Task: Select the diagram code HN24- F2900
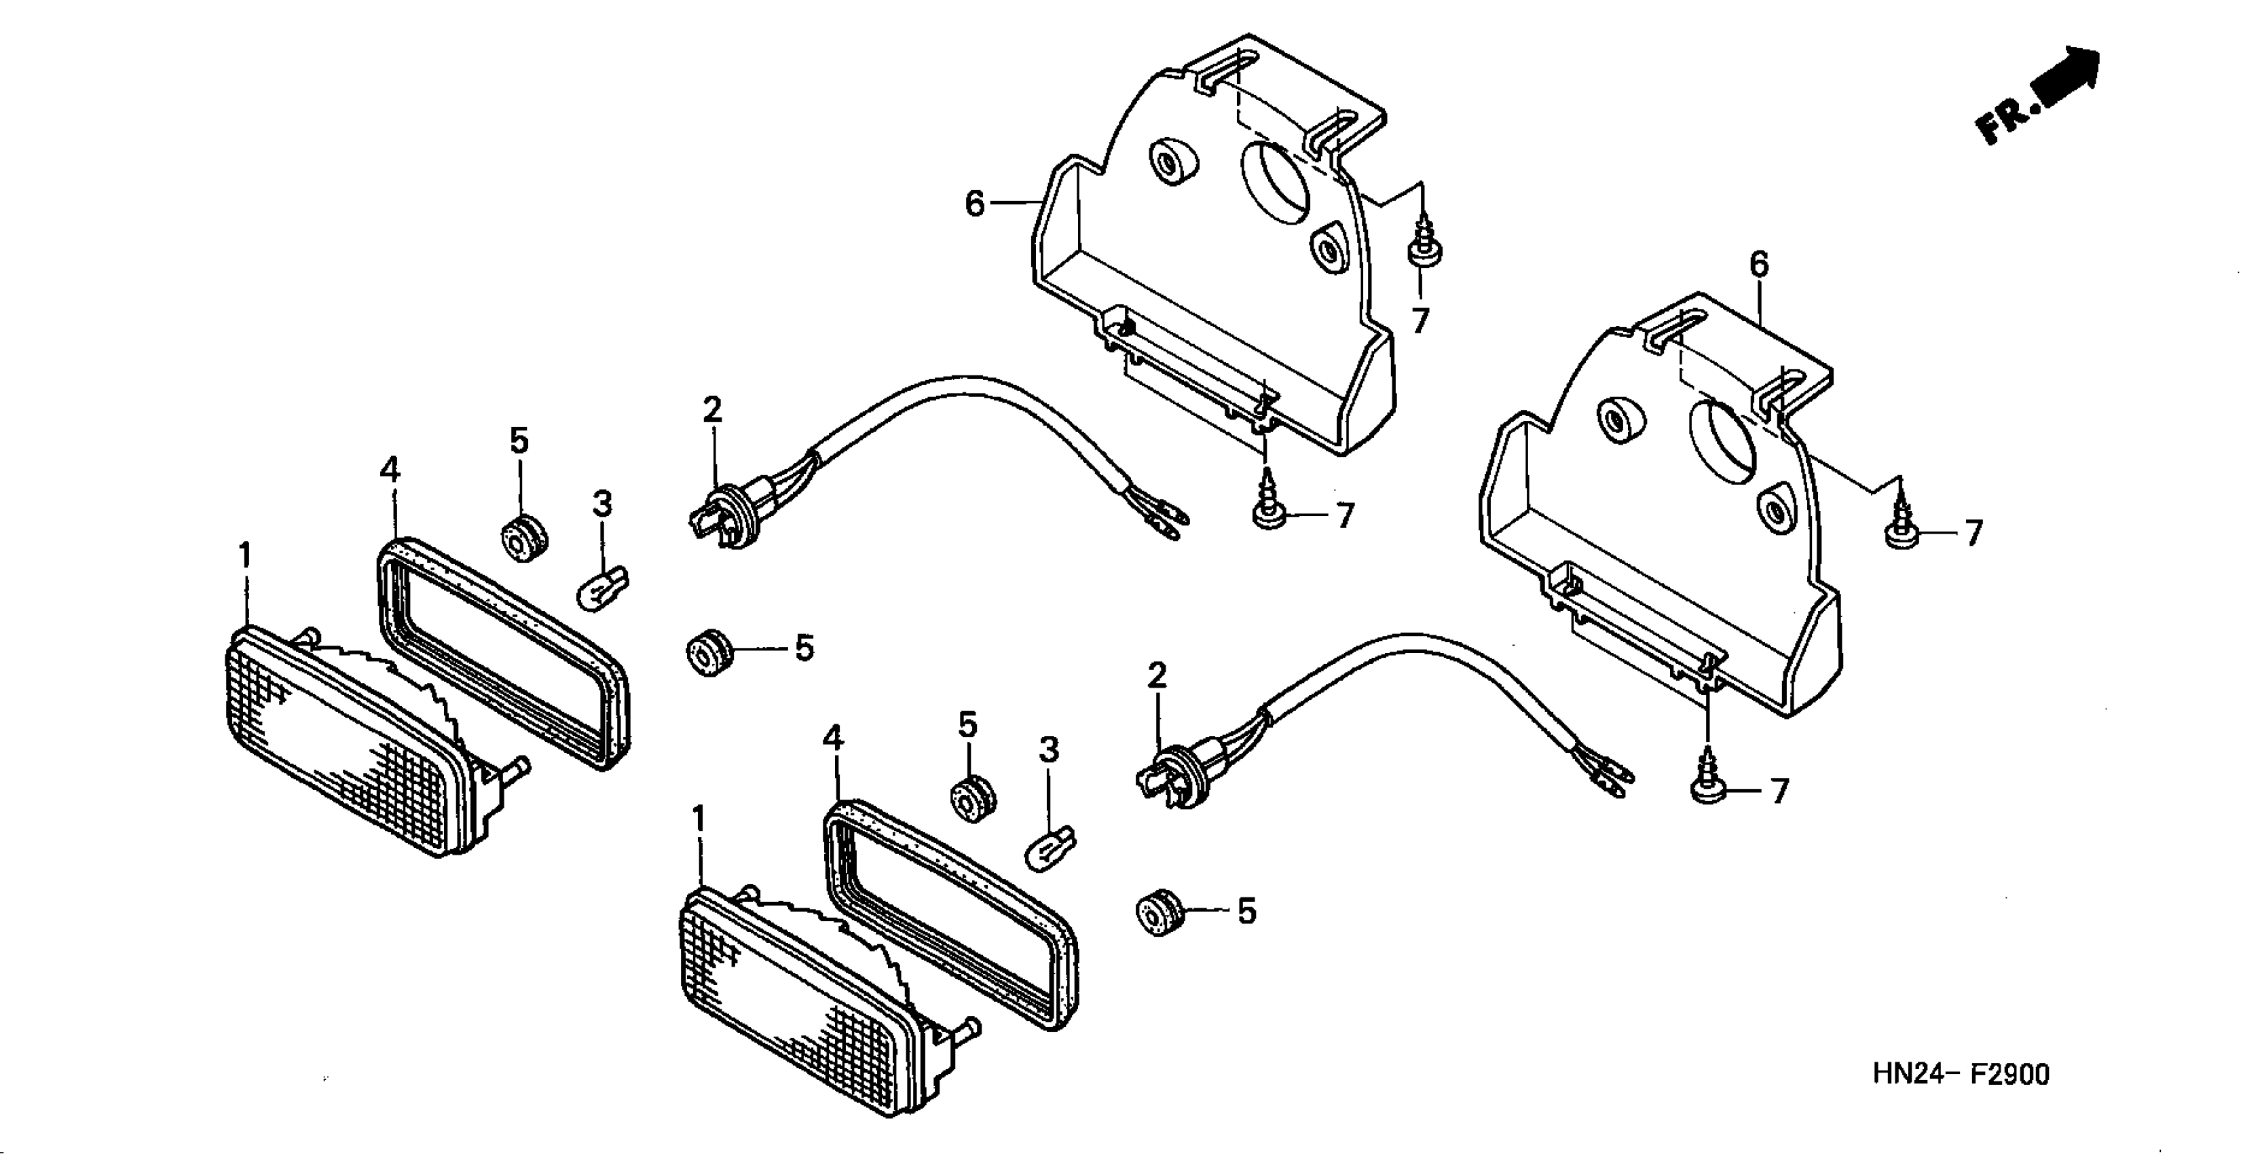(x=1960, y=1073)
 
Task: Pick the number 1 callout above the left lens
(x=245, y=556)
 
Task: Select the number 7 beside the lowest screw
(x=1779, y=792)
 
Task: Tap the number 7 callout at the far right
(x=1973, y=533)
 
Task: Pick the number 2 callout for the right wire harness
(x=1157, y=675)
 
